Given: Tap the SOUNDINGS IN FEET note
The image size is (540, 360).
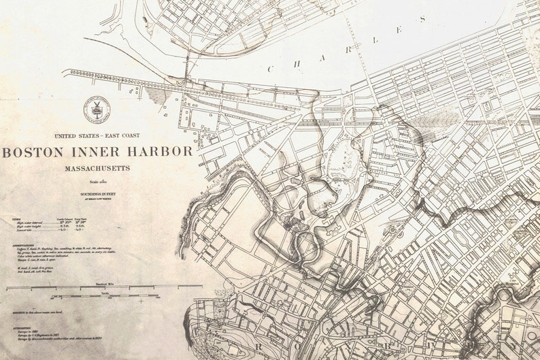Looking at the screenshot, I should [x=102, y=195].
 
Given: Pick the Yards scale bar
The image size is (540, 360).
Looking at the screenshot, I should [x=102, y=295].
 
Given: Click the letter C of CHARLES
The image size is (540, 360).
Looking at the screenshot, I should [x=271, y=68].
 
